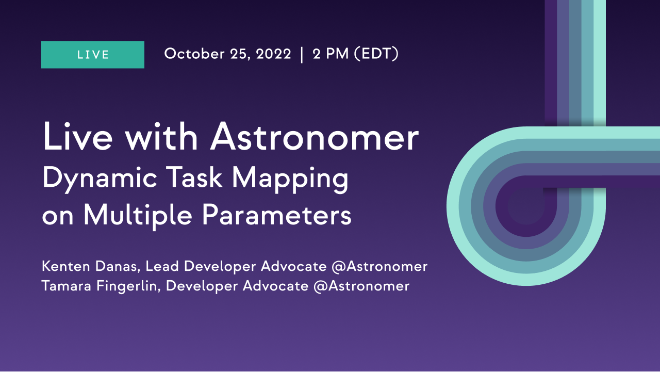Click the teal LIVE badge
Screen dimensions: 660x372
click(93, 55)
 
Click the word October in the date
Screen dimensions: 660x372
click(194, 54)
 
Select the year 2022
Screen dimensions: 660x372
click(273, 54)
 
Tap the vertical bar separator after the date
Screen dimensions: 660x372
click(302, 55)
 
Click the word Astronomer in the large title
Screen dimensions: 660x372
click(315, 137)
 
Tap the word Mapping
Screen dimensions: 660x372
click(290, 179)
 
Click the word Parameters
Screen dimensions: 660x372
click(277, 215)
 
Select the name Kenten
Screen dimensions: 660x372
click(65, 266)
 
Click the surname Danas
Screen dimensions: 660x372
click(118, 266)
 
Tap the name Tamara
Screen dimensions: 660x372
click(67, 286)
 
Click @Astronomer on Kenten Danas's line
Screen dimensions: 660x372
click(379, 266)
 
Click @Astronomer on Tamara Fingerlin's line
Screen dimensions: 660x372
click(361, 286)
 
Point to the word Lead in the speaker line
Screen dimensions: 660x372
click(162, 266)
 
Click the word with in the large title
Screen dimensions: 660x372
click(161, 136)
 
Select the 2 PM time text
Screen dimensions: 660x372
click(331, 54)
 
